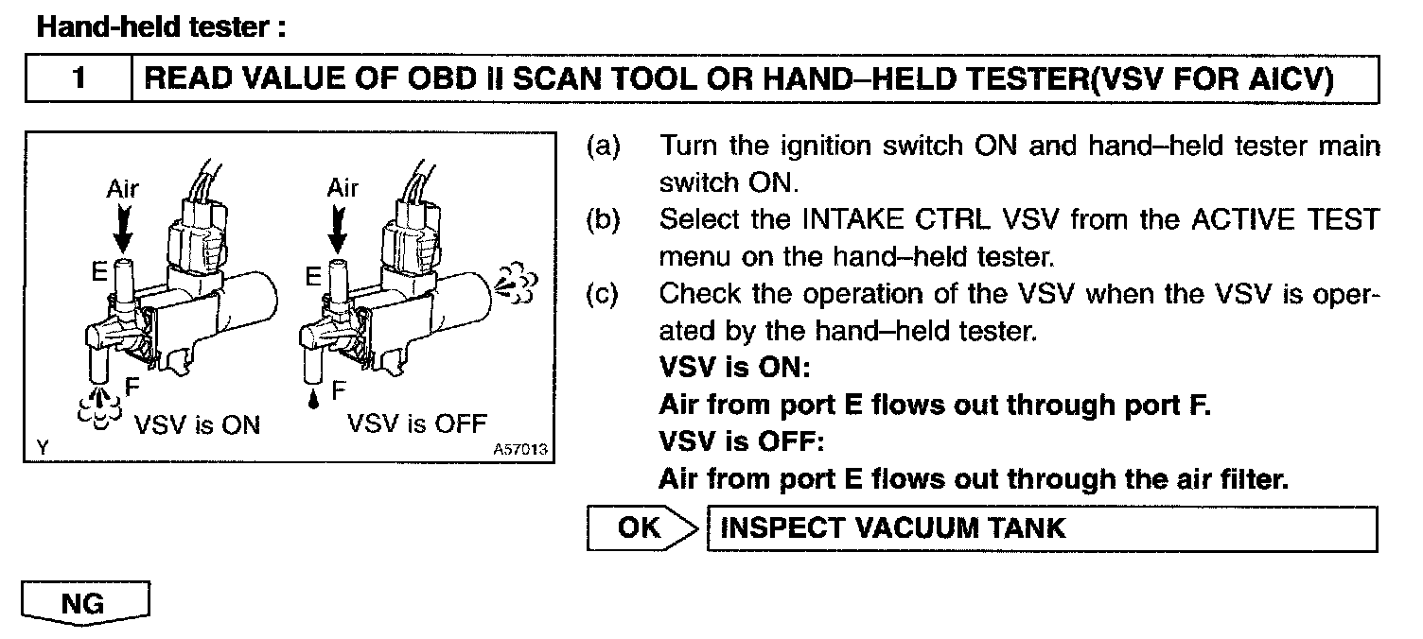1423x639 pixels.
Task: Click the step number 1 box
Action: (79, 79)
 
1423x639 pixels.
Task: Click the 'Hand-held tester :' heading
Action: (161, 27)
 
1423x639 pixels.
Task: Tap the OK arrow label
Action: (641, 527)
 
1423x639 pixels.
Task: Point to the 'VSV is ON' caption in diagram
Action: (197, 424)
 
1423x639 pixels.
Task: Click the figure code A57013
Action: (521, 450)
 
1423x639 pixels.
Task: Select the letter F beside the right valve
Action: (338, 389)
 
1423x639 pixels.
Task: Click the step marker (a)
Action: (604, 147)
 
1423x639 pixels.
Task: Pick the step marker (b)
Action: (604, 220)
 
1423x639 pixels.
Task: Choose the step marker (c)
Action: (604, 294)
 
